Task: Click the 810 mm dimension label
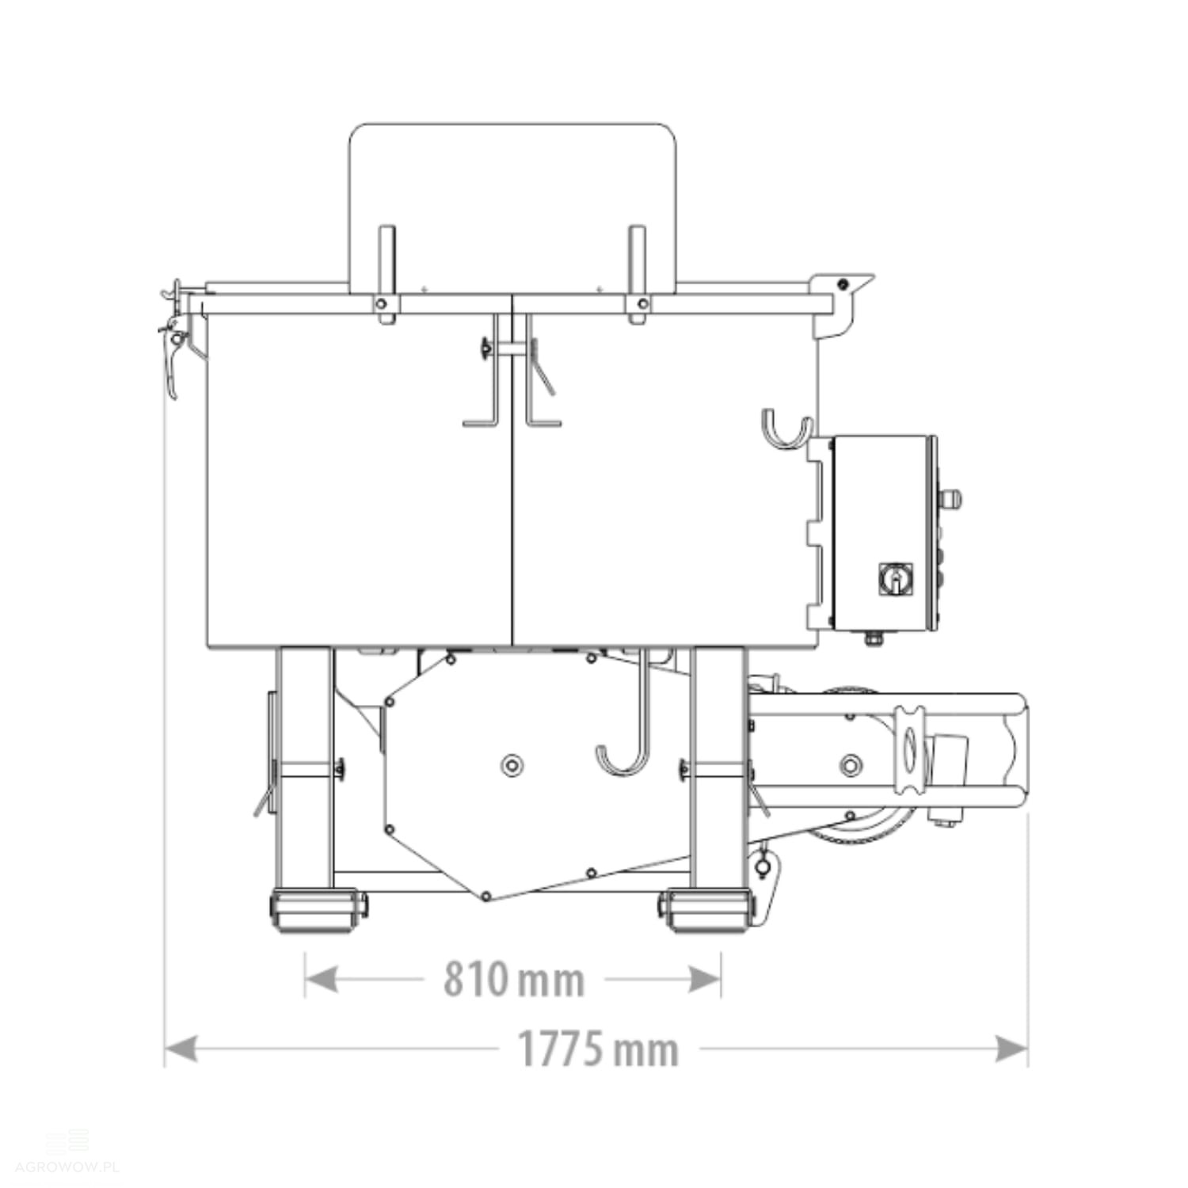pyautogui.click(x=513, y=979)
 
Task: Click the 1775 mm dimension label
pyautogui.click(x=598, y=1049)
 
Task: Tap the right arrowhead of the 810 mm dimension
pyautogui.click(x=704, y=980)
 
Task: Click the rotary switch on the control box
pyautogui.click(x=896, y=579)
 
